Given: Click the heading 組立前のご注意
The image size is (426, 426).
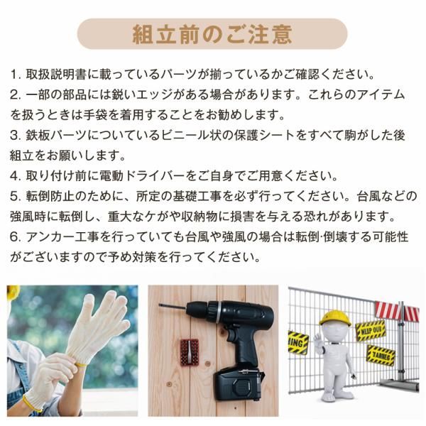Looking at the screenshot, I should (x=213, y=34).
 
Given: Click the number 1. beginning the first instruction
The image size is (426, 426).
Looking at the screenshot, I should (x=16, y=75).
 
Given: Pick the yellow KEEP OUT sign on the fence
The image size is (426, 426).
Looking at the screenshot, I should (x=370, y=330).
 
